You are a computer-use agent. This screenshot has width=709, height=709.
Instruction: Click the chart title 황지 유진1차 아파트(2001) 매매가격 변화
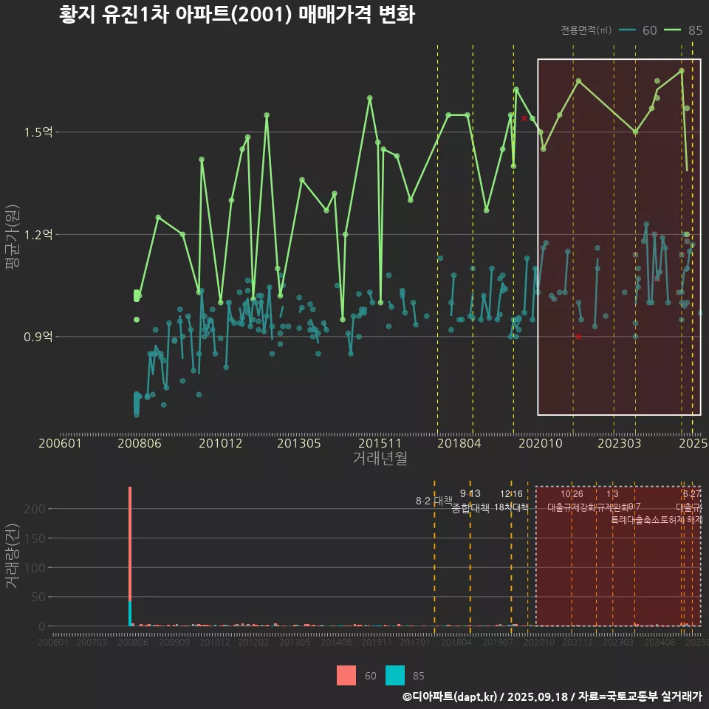pyautogui.click(x=236, y=16)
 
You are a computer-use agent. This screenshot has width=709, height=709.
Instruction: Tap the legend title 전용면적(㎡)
pyautogui.click(x=586, y=30)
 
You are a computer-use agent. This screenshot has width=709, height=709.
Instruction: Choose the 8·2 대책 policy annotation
pyautogui.click(x=434, y=501)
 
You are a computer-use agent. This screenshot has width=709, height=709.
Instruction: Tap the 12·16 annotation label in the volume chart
pyautogui.click(x=511, y=494)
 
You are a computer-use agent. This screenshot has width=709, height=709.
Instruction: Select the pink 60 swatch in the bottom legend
pyautogui.click(x=346, y=676)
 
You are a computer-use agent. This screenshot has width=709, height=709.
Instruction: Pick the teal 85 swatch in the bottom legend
pyautogui.click(x=395, y=676)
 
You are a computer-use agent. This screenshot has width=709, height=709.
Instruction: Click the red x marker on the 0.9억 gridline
pyautogui.click(x=578, y=337)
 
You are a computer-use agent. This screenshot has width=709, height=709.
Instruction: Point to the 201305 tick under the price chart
pyautogui.click(x=298, y=443)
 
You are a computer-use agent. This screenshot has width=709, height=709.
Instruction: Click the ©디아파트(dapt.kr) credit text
pyautogui.click(x=451, y=696)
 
